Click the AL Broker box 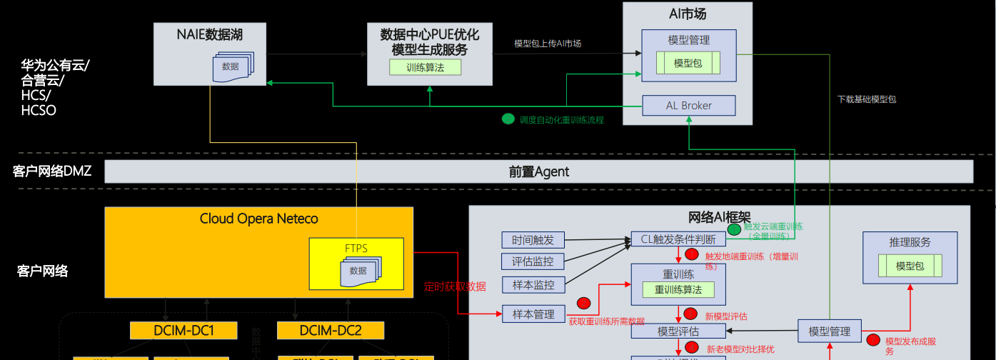pos(688,106)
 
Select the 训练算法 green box pos(425,68)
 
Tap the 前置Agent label pos(539,171)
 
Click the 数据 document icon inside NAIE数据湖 pos(231,67)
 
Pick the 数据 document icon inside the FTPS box pos(359,271)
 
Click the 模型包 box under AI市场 pos(688,64)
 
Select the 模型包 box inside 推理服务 pos(910,266)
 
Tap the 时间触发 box pos(533,239)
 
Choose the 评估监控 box pos(533,261)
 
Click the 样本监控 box pos(533,284)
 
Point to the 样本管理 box pos(533,314)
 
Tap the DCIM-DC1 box pos(184,331)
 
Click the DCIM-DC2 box pos(330,331)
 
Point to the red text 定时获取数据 pos(455,286)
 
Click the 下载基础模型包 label pos(867,99)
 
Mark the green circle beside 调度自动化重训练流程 pos(508,119)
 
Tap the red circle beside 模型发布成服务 pos(873,340)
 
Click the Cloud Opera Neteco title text pos(258,219)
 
